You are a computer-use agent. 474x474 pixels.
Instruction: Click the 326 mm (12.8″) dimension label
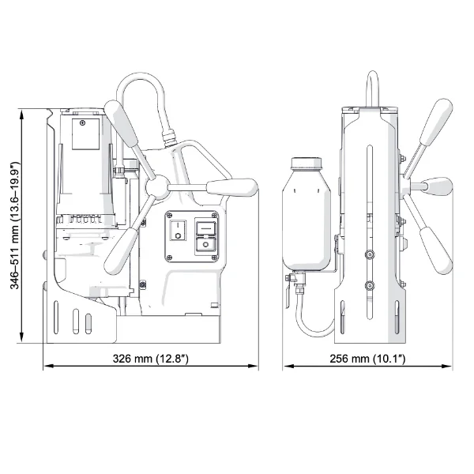click(150, 358)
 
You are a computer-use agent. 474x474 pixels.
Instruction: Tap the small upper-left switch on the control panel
click(178, 229)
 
